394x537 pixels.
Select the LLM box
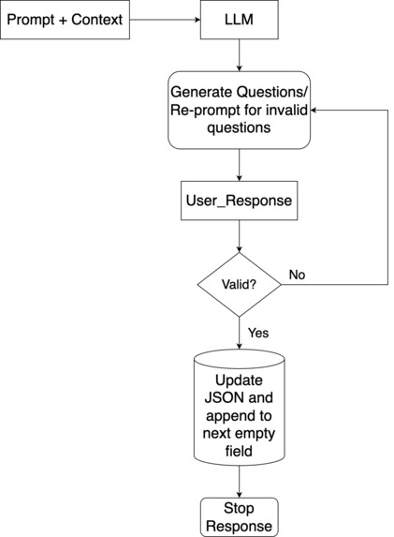tap(239, 20)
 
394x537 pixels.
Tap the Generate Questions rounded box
tap(239, 110)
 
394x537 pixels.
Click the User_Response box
tap(239, 201)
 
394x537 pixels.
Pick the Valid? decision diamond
tap(240, 284)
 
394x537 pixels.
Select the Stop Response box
tap(240, 516)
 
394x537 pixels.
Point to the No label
tap(297, 276)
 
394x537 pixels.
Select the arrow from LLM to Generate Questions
tap(240, 55)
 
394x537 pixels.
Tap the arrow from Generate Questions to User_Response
tap(240, 166)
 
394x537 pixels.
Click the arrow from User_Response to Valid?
tap(240, 236)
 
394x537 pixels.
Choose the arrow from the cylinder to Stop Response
tap(240, 481)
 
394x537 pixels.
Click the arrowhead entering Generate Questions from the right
tap(316, 110)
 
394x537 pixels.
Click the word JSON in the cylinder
tap(240, 399)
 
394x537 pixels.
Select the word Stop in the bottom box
tap(240, 509)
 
